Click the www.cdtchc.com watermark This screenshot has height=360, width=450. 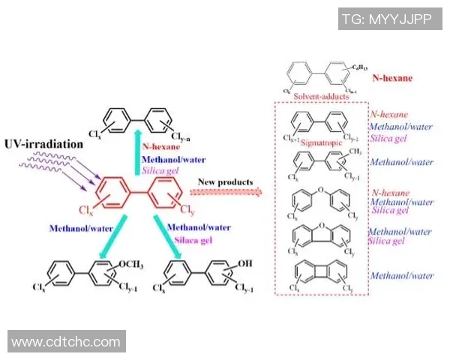(66, 342)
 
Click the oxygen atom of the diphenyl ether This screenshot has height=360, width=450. (317, 190)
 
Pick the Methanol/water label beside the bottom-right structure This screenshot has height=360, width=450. (403, 275)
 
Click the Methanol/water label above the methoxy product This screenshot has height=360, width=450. (75, 227)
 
